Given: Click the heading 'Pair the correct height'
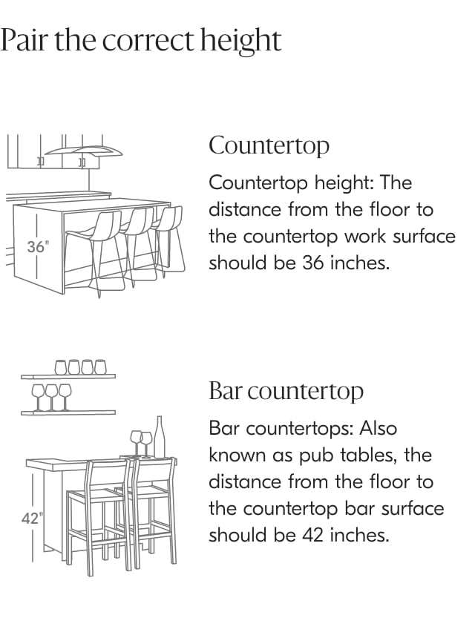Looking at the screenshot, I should [141, 40].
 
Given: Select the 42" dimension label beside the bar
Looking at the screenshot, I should [30, 519].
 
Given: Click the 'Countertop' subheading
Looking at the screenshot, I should [269, 145].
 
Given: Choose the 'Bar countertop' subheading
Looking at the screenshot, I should [286, 391].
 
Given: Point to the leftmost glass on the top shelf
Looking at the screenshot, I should [62, 366].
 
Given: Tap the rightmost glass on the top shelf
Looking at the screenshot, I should [100, 366].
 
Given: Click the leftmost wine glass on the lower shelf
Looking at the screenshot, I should [37, 393].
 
